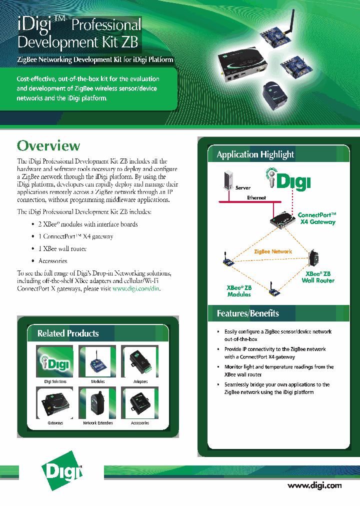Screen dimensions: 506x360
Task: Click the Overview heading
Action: (x=48, y=146)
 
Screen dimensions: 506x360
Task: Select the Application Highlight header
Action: (x=255, y=154)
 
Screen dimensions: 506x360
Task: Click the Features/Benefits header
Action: (x=247, y=313)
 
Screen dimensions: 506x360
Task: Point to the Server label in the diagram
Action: (x=243, y=188)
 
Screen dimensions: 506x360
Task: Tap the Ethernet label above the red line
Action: (x=256, y=198)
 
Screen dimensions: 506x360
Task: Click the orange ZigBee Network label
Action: (x=273, y=251)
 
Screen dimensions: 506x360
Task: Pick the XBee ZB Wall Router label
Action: (x=318, y=277)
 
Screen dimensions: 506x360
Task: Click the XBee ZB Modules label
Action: (x=239, y=291)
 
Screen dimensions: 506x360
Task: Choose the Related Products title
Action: (x=68, y=333)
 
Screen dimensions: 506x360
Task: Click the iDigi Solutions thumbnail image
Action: (x=55, y=361)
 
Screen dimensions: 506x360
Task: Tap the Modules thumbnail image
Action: (x=97, y=361)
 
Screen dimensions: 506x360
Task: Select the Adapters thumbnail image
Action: (x=140, y=361)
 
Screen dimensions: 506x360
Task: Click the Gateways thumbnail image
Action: (x=55, y=403)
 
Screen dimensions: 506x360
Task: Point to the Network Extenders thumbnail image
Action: (x=97, y=403)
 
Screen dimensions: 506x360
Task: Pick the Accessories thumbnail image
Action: (x=140, y=403)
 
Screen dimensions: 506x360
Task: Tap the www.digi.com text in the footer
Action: (x=314, y=485)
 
